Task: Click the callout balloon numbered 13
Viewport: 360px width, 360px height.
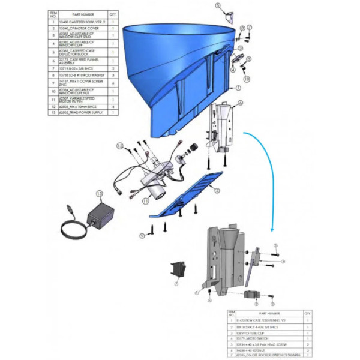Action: (100, 193)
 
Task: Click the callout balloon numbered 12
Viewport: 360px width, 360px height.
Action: (120, 146)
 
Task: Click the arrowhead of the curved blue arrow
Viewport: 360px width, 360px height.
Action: (272, 233)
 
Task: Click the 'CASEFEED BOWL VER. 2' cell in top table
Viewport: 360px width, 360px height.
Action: (82, 20)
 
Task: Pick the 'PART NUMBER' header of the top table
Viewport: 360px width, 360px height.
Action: (82, 13)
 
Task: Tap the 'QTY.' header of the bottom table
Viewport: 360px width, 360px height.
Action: (308, 313)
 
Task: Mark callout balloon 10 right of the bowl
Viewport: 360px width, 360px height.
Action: (247, 79)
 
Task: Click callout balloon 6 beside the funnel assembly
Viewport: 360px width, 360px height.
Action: (240, 103)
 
